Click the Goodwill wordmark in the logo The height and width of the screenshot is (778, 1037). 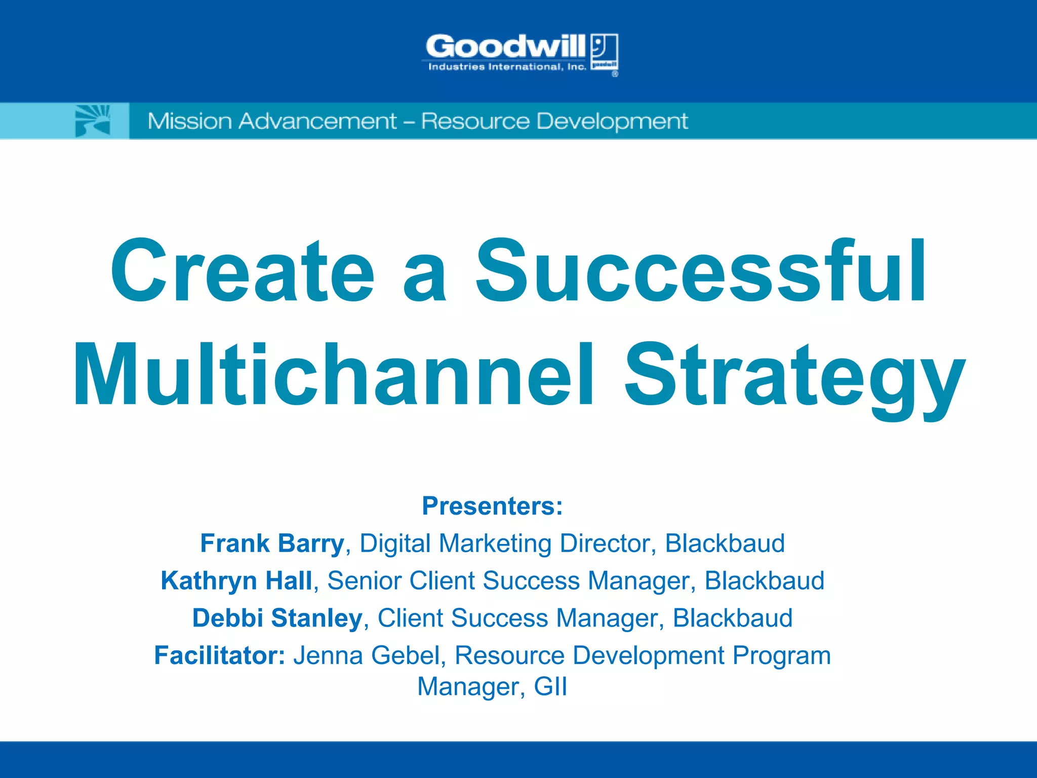tap(505, 47)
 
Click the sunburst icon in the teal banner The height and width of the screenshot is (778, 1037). tap(93, 121)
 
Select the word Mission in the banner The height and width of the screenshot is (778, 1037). tap(189, 122)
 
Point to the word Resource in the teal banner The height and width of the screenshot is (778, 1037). tap(474, 122)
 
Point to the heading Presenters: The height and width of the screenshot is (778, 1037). tap(492, 506)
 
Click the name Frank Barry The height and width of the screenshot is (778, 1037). tap(272, 543)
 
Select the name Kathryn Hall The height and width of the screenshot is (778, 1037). tap(236, 581)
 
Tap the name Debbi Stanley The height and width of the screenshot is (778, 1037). tap(277, 618)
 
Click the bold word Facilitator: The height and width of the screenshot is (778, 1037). tap(220, 655)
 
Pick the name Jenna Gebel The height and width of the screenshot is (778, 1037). tap(366, 655)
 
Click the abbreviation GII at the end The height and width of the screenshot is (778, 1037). tap(550, 687)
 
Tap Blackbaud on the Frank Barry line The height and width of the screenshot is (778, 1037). tap(725, 543)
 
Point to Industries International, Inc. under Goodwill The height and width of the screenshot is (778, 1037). tap(507, 67)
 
